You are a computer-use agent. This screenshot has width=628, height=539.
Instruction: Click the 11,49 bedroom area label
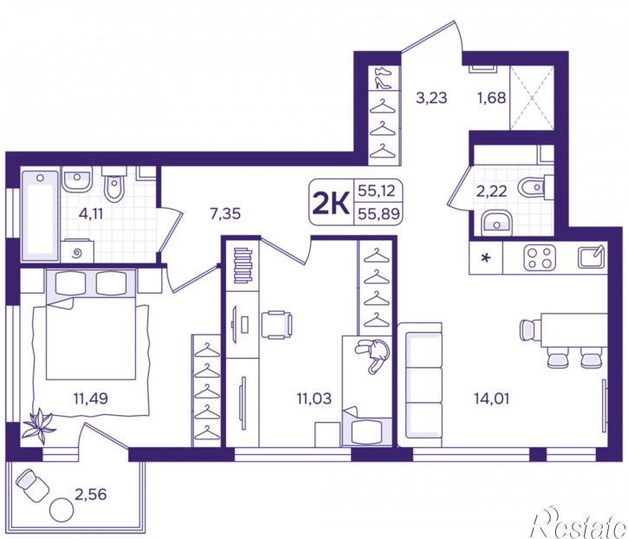pyautogui.click(x=90, y=399)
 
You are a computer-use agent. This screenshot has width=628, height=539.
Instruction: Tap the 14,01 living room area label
pyautogui.click(x=491, y=399)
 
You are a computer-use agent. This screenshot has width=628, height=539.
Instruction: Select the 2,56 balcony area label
pyautogui.click(x=90, y=494)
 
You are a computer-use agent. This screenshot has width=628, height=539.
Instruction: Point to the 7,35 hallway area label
pyautogui.click(x=225, y=213)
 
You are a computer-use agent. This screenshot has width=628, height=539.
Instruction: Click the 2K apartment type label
pyautogui.click(x=331, y=203)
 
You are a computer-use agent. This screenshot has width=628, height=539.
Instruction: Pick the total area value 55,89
pyautogui.click(x=379, y=213)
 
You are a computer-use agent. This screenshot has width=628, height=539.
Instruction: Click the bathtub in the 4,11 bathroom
pyautogui.click(x=40, y=216)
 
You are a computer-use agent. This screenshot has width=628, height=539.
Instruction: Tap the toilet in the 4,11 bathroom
pyautogui.click(x=114, y=185)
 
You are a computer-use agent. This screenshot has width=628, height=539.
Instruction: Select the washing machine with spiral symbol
pyautogui.click(x=77, y=251)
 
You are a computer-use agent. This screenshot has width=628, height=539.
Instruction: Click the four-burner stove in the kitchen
pyautogui.click(x=540, y=257)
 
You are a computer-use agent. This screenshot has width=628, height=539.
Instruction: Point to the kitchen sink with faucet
pyautogui.click(x=591, y=257)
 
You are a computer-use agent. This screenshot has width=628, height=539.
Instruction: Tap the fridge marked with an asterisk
pyautogui.click(x=486, y=257)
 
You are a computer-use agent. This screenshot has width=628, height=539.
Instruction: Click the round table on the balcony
pyautogui.click(x=62, y=510)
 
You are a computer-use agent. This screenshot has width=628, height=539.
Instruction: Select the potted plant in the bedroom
pyautogui.click(x=38, y=425)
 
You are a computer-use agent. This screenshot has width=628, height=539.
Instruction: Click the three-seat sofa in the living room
pyautogui.click(x=420, y=385)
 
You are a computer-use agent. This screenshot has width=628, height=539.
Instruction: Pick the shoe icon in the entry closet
pyautogui.click(x=384, y=78)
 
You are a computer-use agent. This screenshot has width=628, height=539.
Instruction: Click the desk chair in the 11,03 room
pyautogui.click(x=276, y=325)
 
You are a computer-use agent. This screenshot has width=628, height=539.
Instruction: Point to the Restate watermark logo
pyautogui.click(x=578, y=523)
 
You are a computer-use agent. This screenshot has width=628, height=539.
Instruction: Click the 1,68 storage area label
pyautogui.click(x=491, y=98)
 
